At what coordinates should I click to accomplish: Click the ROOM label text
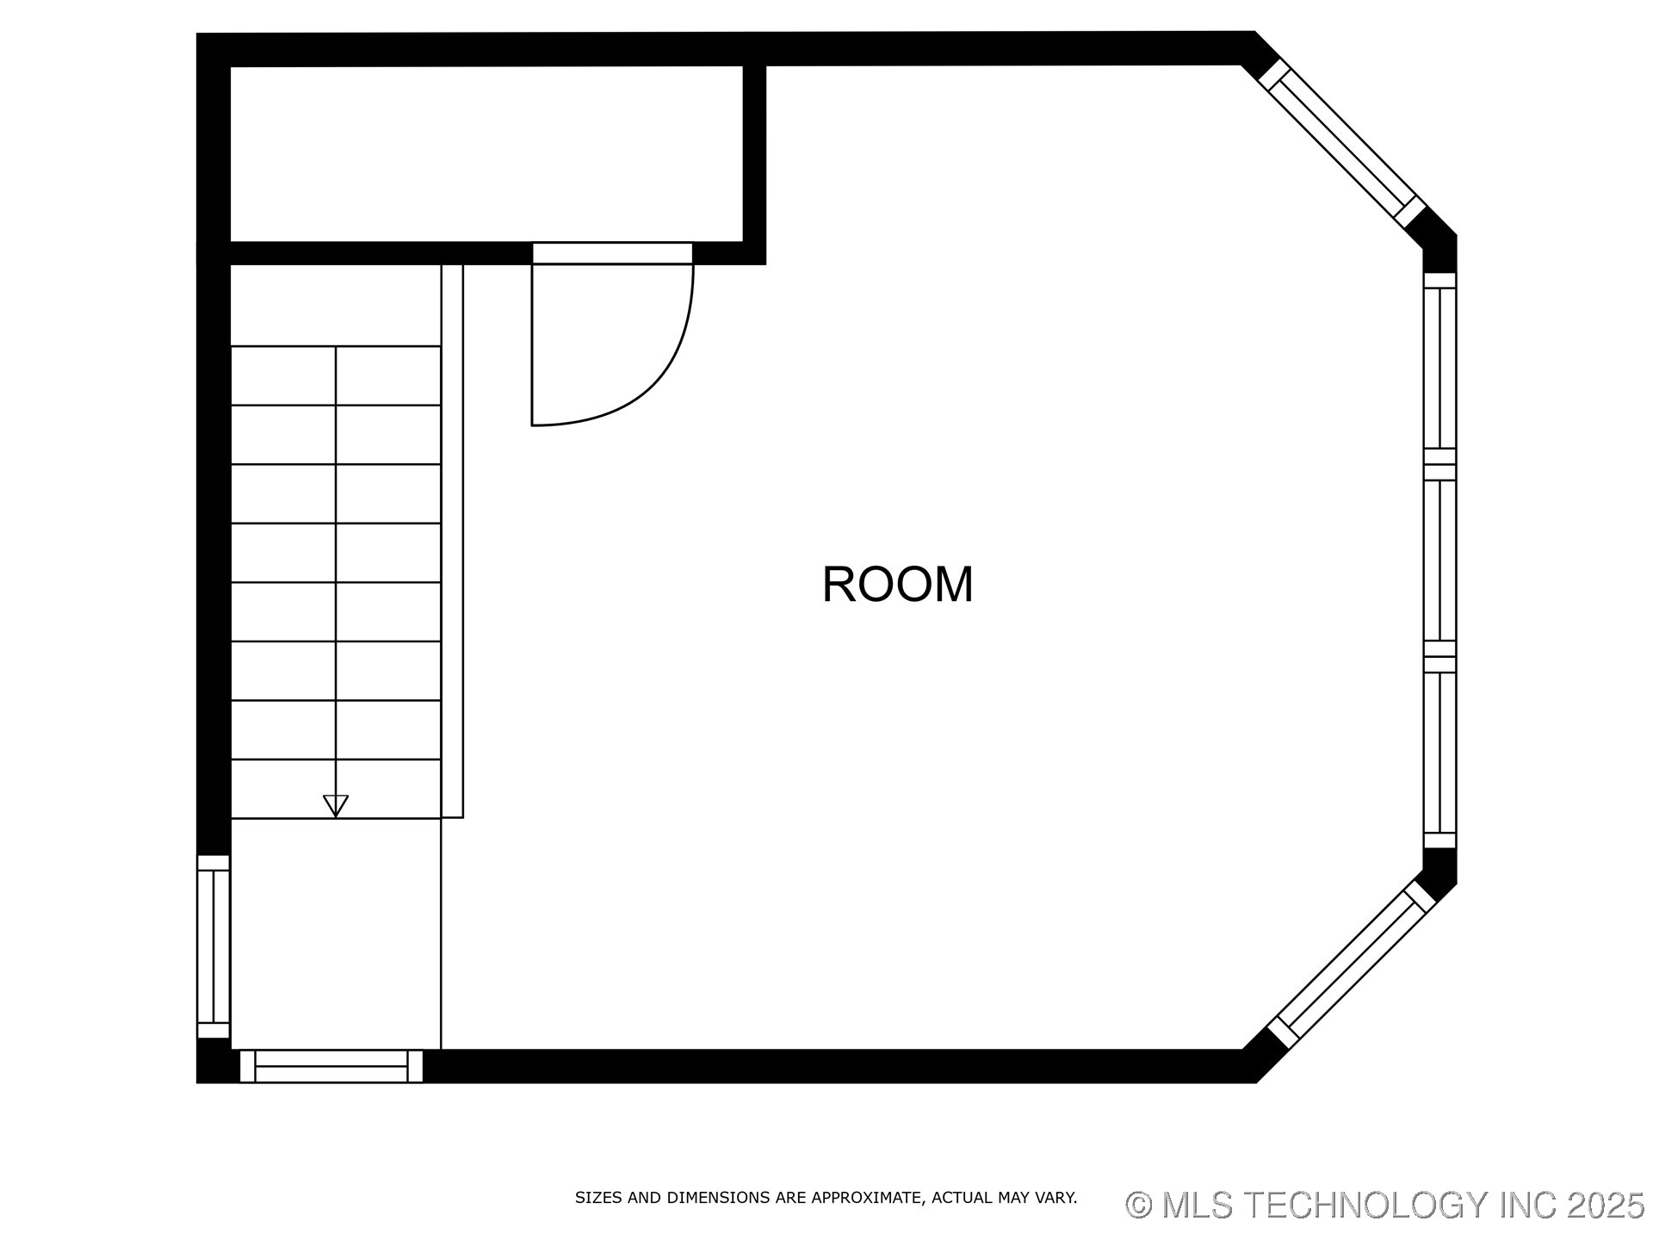(x=897, y=585)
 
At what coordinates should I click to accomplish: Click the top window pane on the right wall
(x=1439, y=368)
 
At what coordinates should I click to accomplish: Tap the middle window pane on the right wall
(x=1439, y=560)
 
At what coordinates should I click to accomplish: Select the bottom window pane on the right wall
(x=1439, y=752)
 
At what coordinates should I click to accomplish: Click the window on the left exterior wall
(x=214, y=946)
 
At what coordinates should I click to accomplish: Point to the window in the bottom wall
(x=331, y=1066)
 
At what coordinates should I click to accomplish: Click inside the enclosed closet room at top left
(x=486, y=153)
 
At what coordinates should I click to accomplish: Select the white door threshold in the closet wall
(x=612, y=253)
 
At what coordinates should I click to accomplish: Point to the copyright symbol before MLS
(x=1138, y=1205)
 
